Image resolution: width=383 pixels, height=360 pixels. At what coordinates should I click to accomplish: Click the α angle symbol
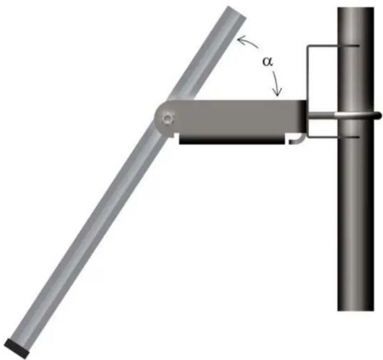pos(268,62)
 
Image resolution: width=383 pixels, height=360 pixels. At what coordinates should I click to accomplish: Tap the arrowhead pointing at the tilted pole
pos(241,40)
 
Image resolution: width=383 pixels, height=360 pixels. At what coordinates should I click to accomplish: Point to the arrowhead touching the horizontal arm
pos(278,92)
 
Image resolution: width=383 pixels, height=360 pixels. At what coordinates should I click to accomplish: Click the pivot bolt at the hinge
pos(167,119)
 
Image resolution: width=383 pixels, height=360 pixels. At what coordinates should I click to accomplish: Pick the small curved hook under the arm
pos(297,139)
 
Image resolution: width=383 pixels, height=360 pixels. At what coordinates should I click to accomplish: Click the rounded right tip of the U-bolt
pos(378,116)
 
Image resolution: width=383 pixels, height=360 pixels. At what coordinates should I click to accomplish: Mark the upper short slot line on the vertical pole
pos(349,46)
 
